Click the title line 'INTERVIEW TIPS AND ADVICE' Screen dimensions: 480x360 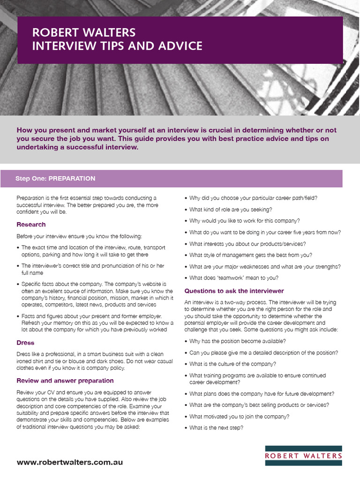click(x=117, y=46)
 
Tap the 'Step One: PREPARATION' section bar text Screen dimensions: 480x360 click(x=55, y=179)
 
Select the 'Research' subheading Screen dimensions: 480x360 click(x=31, y=225)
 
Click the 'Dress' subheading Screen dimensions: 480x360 click(x=25, y=343)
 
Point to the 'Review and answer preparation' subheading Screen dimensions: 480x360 click(x=65, y=380)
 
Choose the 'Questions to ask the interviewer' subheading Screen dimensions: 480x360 click(x=234, y=291)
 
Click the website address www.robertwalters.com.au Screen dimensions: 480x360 click(x=70, y=462)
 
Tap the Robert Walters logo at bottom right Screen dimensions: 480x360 click(x=303, y=455)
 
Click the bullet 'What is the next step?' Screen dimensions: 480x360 click(x=216, y=427)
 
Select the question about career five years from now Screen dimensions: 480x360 click(x=265, y=232)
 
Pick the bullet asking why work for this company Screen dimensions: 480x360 click(x=245, y=221)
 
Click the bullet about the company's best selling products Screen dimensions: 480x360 click(x=259, y=405)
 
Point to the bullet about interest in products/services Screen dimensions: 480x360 click(x=247, y=244)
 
